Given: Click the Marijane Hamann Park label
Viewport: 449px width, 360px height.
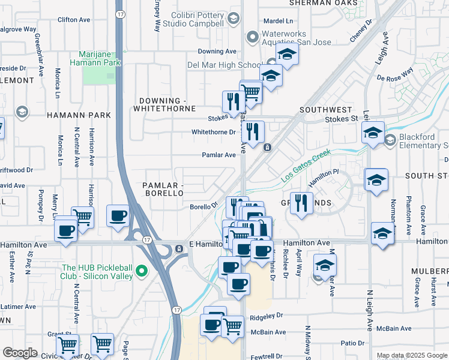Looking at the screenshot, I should tap(95, 58).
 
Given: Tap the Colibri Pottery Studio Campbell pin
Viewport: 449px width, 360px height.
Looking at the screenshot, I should tap(232, 19).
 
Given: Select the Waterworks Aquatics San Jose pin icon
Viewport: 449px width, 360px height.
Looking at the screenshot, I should tap(253, 38).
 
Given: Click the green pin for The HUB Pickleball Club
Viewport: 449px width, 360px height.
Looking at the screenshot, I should tap(142, 272).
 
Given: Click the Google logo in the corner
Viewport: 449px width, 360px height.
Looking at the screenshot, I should tap(20, 353).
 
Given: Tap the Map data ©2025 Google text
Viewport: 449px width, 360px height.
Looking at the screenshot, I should tap(412, 355).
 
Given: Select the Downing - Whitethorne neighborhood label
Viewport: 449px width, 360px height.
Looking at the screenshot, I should tap(167, 104).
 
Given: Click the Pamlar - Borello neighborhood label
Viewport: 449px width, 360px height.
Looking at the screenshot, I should tap(163, 189).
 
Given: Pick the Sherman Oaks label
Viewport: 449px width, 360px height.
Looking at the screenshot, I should tap(327, 3).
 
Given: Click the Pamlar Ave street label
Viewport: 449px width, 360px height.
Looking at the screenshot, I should tap(218, 155).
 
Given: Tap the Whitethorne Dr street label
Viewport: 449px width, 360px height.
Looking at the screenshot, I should tap(213, 132).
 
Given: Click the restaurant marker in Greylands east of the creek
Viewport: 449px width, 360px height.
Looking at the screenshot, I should tap(301, 203).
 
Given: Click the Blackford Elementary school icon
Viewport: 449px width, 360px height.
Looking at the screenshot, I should tap(390, 140).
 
